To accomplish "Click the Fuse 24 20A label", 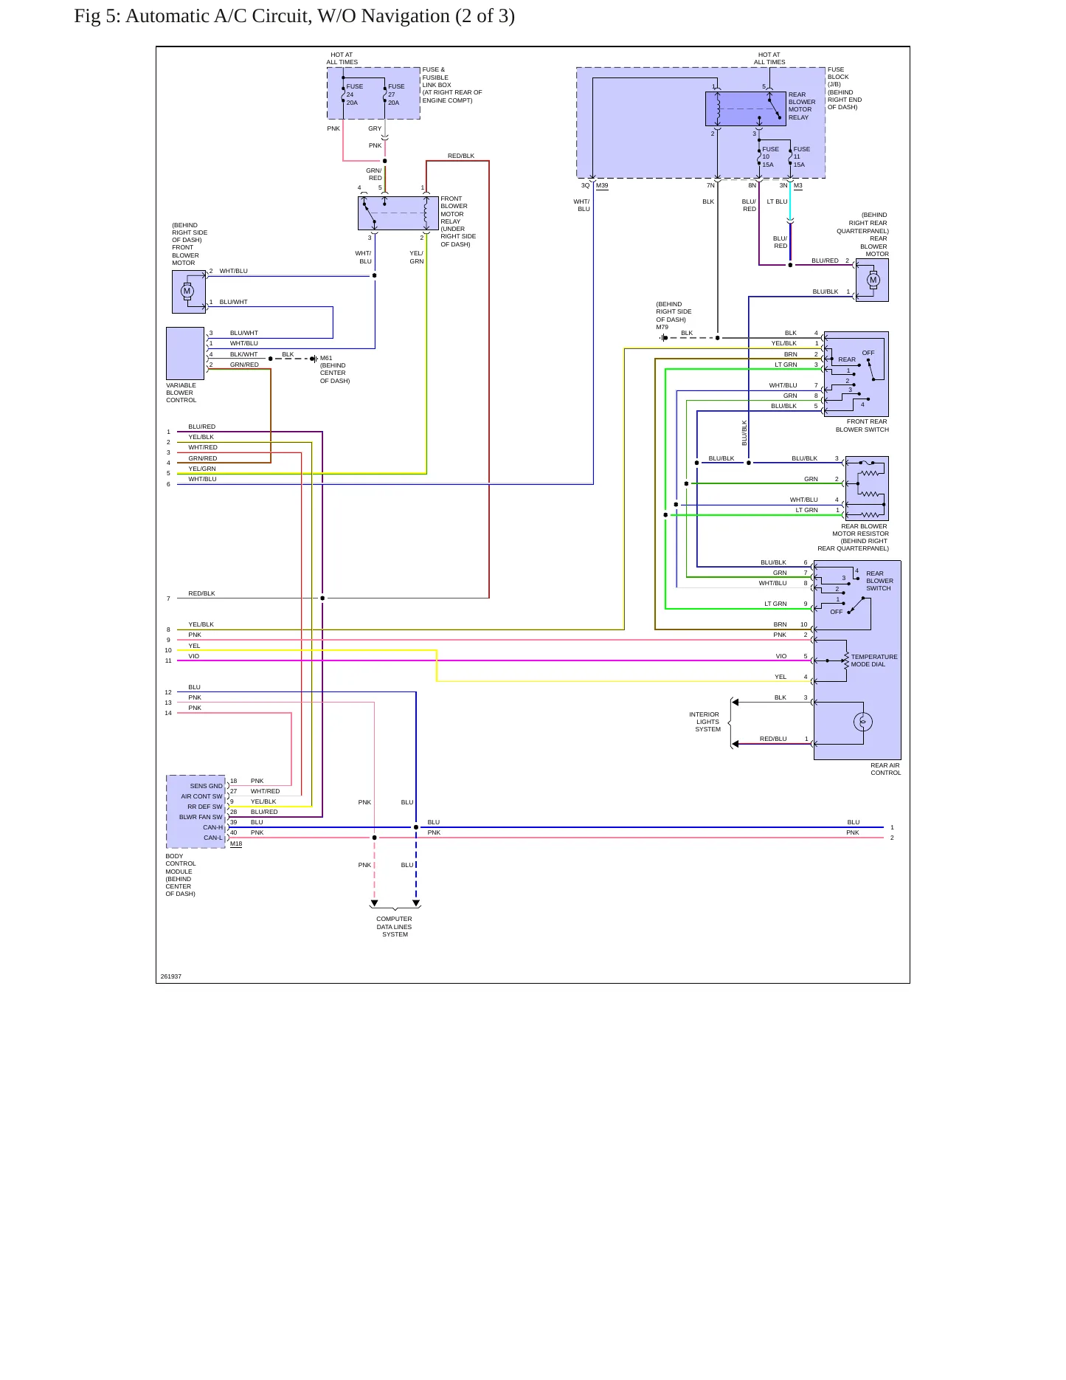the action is pos(355,94).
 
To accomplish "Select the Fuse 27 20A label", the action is pos(396,94).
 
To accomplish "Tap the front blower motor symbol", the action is pos(187,291).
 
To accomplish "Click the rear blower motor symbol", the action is pos(873,280).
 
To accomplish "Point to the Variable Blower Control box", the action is pos(185,353).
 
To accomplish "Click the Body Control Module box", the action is pos(195,812).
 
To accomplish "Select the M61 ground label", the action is pos(326,358).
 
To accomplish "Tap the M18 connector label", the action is pos(236,843).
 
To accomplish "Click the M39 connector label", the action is pos(602,185).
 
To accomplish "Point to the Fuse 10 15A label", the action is pos(770,156).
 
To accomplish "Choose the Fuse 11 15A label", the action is pos(801,156).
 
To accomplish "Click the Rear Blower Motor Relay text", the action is pos(802,106).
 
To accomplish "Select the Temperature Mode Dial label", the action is pos(874,660).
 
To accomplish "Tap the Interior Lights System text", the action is pos(705,722).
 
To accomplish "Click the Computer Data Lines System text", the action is pos(395,927).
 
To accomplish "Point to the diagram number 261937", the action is pos(171,976).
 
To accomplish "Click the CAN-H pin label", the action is pos(212,827).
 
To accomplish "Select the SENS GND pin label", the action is pos(206,786).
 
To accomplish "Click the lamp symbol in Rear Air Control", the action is pos(863,722).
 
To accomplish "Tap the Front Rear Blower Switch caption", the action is pos(862,425).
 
